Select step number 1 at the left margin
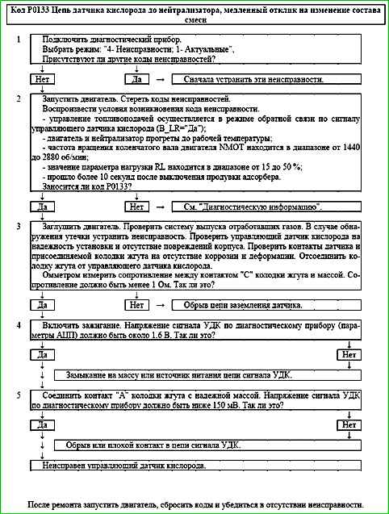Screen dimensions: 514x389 [18, 40]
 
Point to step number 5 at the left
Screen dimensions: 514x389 [18, 396]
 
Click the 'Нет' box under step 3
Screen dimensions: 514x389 [135, 305]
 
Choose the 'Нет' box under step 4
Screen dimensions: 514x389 [349, 355]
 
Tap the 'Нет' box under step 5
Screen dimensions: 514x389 [349, 424]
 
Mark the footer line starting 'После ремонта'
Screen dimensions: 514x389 [194, 503]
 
